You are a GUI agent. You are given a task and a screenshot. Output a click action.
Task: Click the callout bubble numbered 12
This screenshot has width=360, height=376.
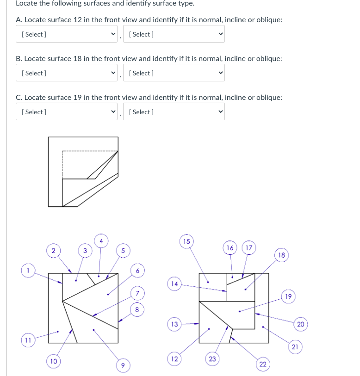(174, 358)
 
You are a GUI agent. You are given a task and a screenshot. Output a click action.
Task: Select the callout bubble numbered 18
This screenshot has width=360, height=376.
(282, 255)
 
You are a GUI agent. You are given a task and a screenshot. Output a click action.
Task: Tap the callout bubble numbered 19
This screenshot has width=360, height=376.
(288, 296)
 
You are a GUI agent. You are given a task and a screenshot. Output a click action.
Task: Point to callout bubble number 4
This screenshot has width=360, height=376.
(101, 241)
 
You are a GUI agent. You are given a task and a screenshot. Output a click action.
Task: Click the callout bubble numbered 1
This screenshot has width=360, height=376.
(28, 270)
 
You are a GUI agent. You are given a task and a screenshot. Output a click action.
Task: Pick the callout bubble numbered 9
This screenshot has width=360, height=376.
(123, 366)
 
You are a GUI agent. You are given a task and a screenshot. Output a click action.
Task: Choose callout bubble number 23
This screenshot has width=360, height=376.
(212, 358)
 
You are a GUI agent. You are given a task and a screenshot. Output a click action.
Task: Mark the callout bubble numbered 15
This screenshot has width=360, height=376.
(186, 241)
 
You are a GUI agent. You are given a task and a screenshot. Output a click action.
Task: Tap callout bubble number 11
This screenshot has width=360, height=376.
(28, 341)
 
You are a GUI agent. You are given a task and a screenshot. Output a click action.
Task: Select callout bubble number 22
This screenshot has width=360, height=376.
(262, 365)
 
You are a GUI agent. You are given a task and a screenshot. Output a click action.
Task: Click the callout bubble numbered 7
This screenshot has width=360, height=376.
(137, 293)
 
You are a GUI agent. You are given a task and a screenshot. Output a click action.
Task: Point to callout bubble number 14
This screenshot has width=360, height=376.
(174, 283)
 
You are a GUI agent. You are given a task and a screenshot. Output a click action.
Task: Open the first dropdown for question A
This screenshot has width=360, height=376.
(67, 34)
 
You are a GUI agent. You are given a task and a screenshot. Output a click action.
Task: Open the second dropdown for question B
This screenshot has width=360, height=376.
(174, 73)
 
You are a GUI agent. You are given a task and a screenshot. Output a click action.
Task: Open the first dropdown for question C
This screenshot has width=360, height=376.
(67, 112)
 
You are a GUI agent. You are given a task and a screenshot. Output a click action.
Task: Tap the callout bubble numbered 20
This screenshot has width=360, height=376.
(300, 324)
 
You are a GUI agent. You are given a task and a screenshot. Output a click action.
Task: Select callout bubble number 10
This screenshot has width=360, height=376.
(54, 361)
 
